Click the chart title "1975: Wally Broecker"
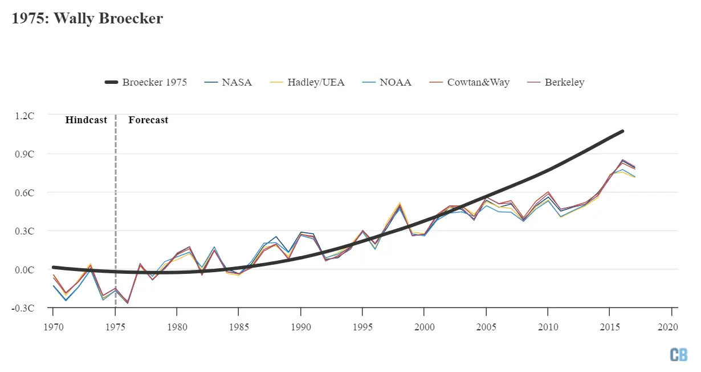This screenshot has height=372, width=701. [x=87, y=19]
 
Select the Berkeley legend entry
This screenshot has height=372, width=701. [x=556, y=82]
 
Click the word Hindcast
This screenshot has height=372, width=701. [x=86, y=120]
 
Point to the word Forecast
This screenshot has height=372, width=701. [x=148, y=120]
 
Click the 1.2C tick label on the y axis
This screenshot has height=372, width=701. [x=25, y=115]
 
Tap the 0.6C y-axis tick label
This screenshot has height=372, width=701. [x=25, y=193]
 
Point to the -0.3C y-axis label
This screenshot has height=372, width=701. [x=23, y=308]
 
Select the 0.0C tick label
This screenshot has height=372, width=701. [x=25, y=270]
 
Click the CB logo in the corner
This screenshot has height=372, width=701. [x=678, y=354]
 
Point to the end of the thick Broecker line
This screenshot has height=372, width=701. [x=622, y=131]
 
